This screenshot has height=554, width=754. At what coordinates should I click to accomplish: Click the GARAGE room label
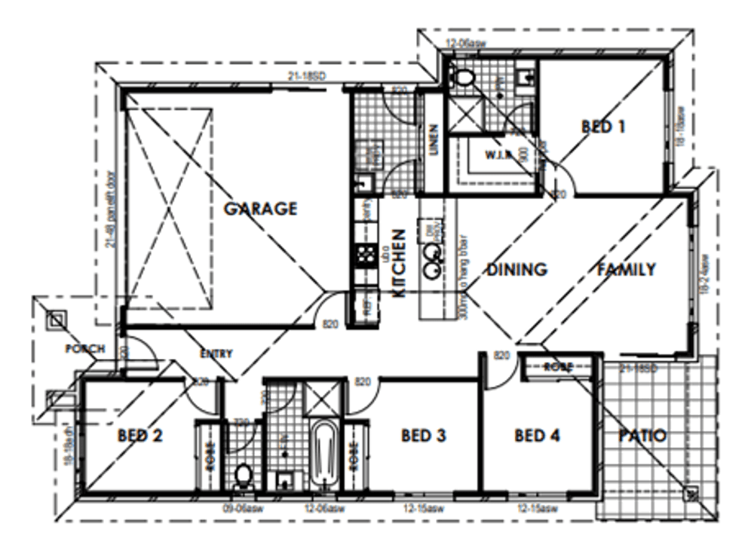tap(260, 209)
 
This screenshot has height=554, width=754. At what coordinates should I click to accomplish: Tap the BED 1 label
tap(603, 127)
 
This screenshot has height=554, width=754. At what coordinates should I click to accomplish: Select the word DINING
tap(516, 270)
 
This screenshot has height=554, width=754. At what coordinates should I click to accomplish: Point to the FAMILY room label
tap(627, 269)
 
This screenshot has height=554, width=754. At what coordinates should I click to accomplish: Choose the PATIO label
tap(642, 436)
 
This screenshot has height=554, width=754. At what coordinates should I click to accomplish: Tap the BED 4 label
tap(538, 436)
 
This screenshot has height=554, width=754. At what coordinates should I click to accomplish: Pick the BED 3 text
tap(425, 436)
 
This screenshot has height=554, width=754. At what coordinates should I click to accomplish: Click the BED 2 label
tap(141, 436)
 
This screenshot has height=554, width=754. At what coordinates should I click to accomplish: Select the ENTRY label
tap(216, 354)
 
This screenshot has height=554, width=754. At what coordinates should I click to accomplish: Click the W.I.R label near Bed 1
tap(499, 155)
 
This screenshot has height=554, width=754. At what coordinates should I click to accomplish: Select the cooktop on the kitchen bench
tap(366, 255)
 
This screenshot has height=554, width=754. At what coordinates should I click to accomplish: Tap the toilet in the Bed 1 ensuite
tap(462, 76)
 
